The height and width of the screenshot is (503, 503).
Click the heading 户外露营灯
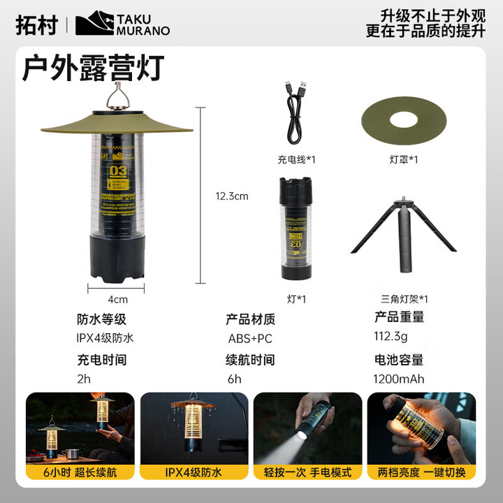click(92, 68)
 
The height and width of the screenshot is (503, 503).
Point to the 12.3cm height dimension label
click(232, 196)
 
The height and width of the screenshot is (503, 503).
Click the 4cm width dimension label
click(117, 300)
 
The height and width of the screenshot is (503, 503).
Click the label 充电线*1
click(296, 159)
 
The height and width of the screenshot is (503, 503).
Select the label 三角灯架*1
click(403, 299)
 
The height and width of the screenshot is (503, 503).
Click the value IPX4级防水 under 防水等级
click(105, 338)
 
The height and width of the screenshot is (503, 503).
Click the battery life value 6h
click(234, 379)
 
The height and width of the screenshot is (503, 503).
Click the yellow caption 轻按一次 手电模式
click(307, 473)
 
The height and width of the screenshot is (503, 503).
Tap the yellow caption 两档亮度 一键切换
click(421, 473)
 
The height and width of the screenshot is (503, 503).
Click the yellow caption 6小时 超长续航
click(80, 473)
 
